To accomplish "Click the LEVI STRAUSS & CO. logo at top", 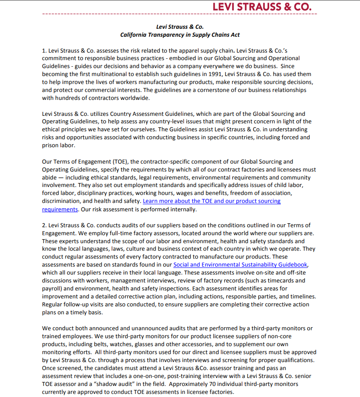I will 262,7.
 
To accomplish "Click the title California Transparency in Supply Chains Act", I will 180,34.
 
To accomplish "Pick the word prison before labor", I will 51,145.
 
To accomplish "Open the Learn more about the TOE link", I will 211,201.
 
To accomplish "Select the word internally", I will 182,209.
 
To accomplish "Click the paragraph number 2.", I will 44,225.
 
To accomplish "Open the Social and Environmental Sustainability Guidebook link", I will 240,265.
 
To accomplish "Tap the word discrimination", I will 60,201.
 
